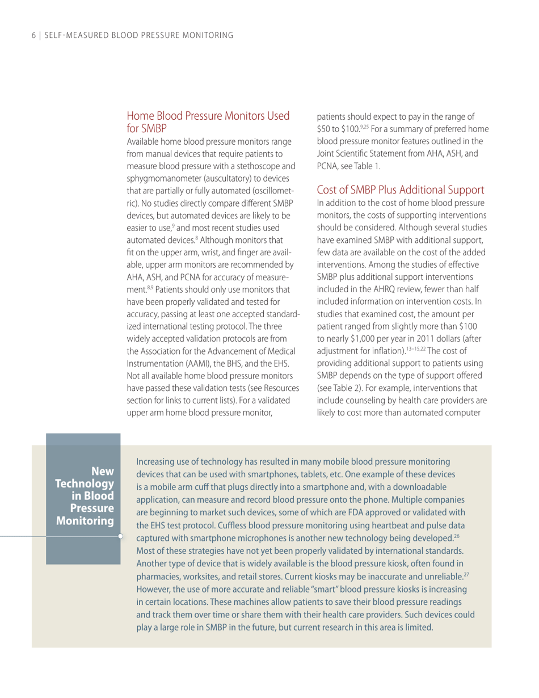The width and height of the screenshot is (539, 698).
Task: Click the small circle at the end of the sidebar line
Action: point(120,534)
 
